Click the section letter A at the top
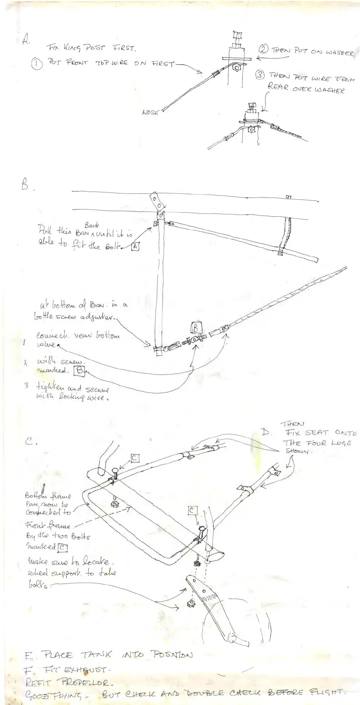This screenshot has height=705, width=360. pyautogui.click(x=25, y=39)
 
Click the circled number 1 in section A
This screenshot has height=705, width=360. pyautogui.click(x=37, y=65)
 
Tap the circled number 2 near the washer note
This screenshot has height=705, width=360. pyautogui.click(x=263, y=50)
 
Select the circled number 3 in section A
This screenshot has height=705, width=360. pyautogui.click(x=260, y=75)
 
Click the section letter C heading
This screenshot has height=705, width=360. pyautogui.click(x=29, y=442)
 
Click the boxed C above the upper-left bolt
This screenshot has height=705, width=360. pyautogui.click(x=135, y=458)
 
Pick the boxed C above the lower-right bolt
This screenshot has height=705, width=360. pyautogui.click(x=192, y=510)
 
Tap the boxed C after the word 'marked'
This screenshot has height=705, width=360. pyautogui.click(x=62, y=547)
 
